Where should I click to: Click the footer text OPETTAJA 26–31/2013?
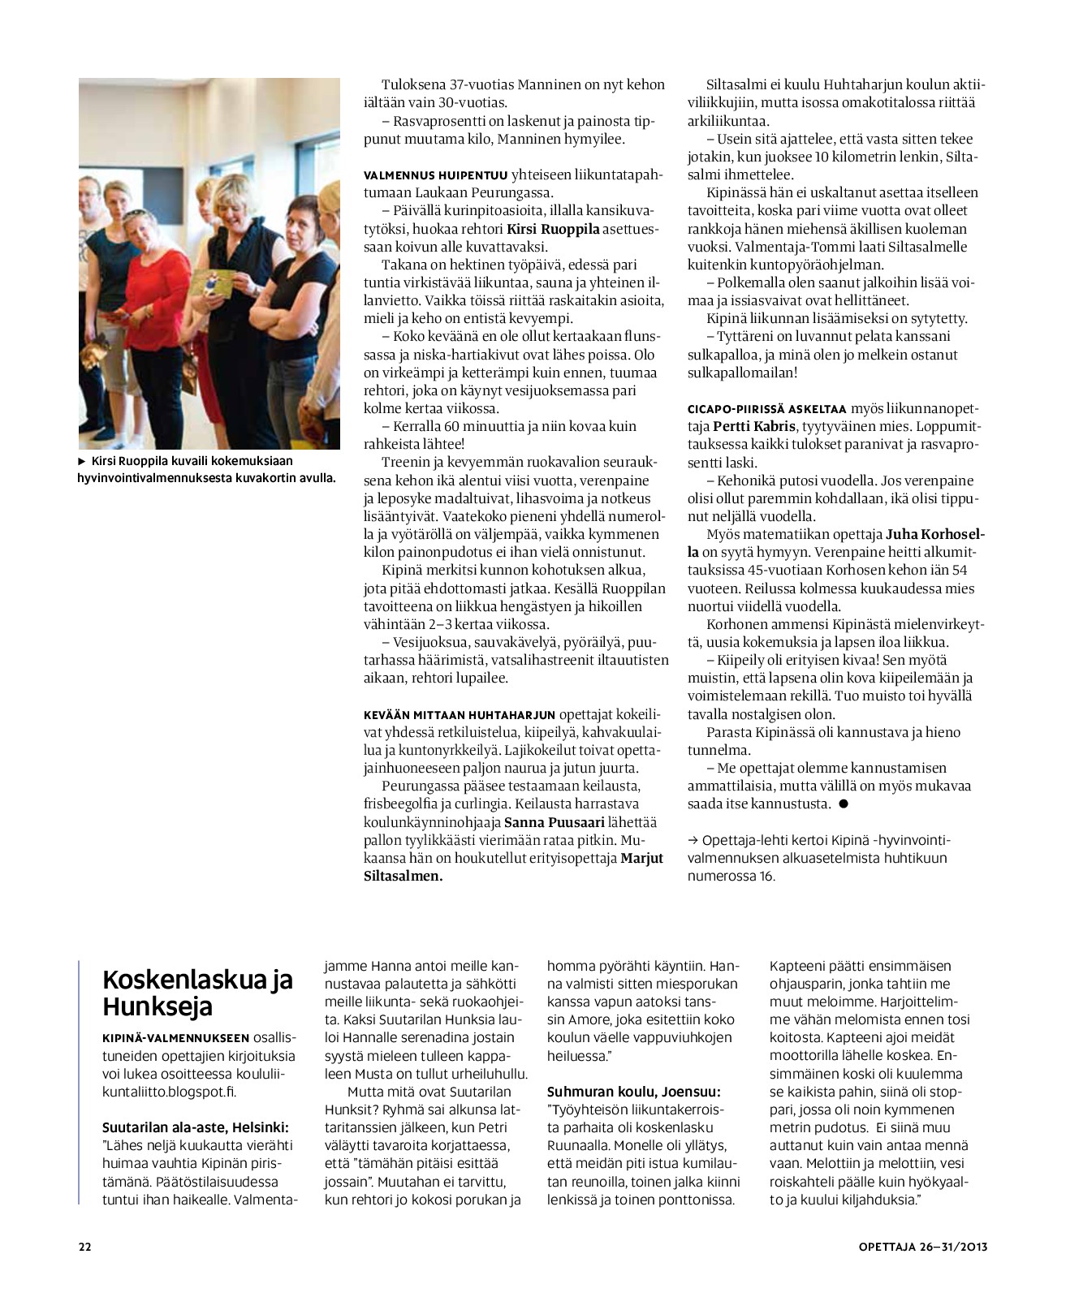click(922, 1247)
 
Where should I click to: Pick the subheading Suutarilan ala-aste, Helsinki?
click(196, 1127)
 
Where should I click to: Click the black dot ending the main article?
click(843, 804)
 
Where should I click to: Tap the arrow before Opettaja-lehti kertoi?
click(693, 841)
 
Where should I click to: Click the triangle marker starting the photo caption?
click(81, 461)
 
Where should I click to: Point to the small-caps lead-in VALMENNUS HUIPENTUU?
click(435, 175)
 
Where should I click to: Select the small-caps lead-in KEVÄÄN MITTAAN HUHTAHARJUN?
click(460, 715)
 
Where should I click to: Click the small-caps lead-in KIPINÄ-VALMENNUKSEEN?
click(175, 1039)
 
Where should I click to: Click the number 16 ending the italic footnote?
click(767, 877)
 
